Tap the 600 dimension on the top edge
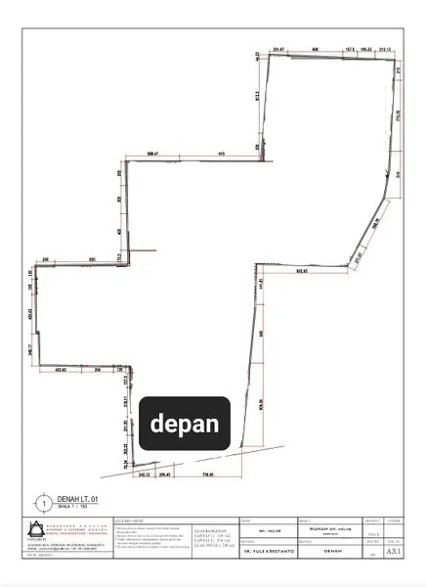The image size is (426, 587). [x=315, y=48]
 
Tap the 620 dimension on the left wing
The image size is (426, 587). [x=92, y=258]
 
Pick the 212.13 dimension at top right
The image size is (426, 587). [x=384, y=48]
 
